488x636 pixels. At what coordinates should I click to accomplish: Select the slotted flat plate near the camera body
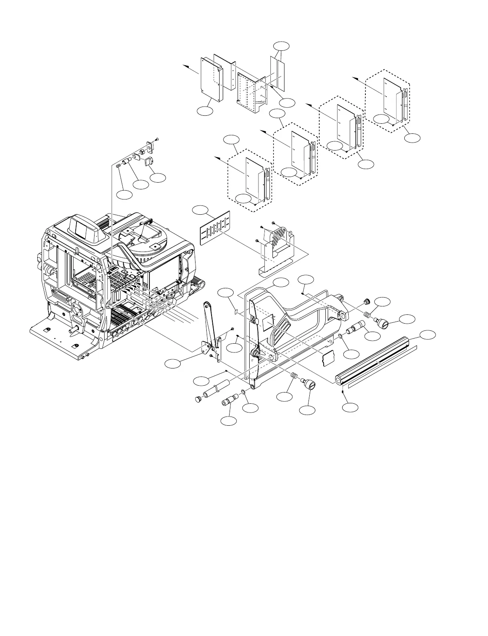215,228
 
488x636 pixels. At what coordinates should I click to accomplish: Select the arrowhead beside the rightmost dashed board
354,78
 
